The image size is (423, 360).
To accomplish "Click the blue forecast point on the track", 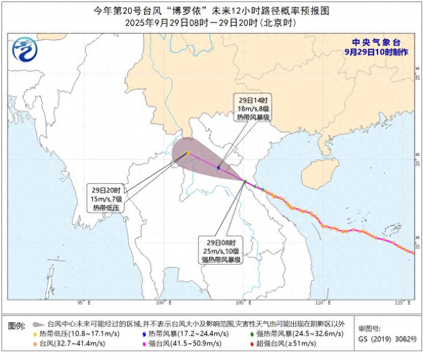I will pyautogui.click(x=218, y=167).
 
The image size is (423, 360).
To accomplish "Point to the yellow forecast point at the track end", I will pyautogui.click(x=188, y=153).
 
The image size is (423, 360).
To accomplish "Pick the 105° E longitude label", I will pyautogui.click(x=244, y=303).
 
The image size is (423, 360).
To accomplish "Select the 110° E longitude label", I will pyautogui.click(x=323, y=303).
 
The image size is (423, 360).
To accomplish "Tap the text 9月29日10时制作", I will pyautogui.click(x=376, y=52).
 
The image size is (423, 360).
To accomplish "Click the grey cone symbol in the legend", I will pyautogui.click(x=38, y=324).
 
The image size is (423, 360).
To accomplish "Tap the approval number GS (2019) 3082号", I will pyautogui.click(x=387, y=339).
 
